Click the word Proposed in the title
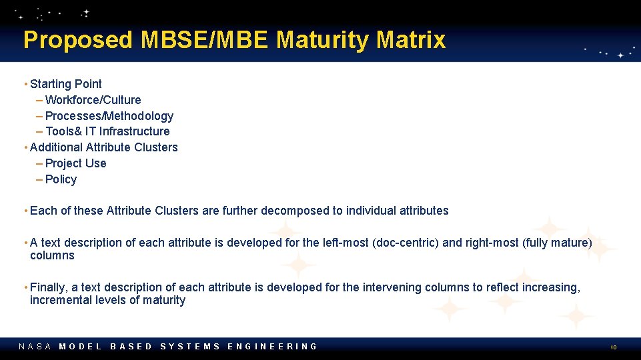[x=78, y=40]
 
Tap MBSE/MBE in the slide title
[x=205, y=40]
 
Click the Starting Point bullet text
[x=65, y=84]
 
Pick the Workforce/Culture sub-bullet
[x=93, y=100]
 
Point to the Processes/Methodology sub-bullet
[x=109, y=116]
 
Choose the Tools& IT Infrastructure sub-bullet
[x=107, y=131]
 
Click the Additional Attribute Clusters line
[x=103, y=147]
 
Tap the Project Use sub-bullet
[x=75, y=163]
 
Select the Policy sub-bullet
[x=61, y=179]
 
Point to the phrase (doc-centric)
[x=405, y=243]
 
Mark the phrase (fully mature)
[x=557, y=243]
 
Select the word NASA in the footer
[x=35, y=346]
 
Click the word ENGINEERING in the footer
[x=272, y=346]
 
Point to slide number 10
[x=613, y=347]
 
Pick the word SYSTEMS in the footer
[x=190, y=346]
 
